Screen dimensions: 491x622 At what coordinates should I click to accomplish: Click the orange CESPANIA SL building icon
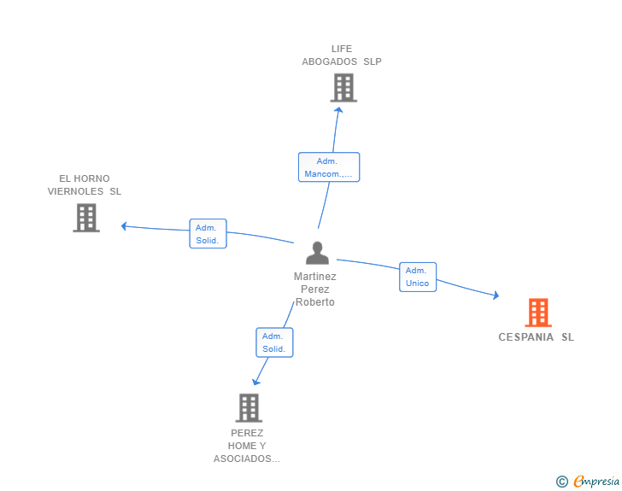(537, 313)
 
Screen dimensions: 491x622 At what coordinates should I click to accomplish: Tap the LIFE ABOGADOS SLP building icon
(343, 87)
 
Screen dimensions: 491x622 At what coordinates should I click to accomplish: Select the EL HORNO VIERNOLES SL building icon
(86, 218)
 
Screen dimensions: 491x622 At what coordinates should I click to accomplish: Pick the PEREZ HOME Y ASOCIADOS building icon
(248, 407)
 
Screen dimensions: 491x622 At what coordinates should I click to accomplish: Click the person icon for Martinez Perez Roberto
(317, 254)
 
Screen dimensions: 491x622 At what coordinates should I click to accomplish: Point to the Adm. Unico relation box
(418, 277)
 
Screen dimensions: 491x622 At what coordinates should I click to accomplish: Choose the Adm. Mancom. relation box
(328, 167)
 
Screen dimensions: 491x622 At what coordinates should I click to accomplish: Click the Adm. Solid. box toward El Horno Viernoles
(208, 234)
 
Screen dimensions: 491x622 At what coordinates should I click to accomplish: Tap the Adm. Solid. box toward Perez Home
(274, 342)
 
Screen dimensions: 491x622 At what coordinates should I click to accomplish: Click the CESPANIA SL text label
(537, 336)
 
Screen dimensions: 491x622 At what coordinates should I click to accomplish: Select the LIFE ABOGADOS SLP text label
(342, 55)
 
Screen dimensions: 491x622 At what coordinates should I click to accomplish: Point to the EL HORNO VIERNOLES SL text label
(85, 184)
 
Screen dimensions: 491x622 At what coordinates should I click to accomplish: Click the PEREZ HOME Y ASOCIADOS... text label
(247, 446)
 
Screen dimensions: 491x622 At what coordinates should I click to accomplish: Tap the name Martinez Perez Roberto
(315, 289)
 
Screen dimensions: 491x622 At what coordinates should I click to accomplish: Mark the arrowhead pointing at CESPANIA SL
(496, 295)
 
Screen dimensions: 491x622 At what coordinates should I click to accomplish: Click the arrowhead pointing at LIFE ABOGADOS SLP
(338, 108)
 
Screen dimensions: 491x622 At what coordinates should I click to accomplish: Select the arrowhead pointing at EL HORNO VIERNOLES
(124, 226)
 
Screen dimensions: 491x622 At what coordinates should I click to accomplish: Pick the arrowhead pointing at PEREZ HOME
(255, 382)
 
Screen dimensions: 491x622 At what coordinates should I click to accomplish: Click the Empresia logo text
(596, 482)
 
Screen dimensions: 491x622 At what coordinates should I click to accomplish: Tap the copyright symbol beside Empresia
(562, 482)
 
